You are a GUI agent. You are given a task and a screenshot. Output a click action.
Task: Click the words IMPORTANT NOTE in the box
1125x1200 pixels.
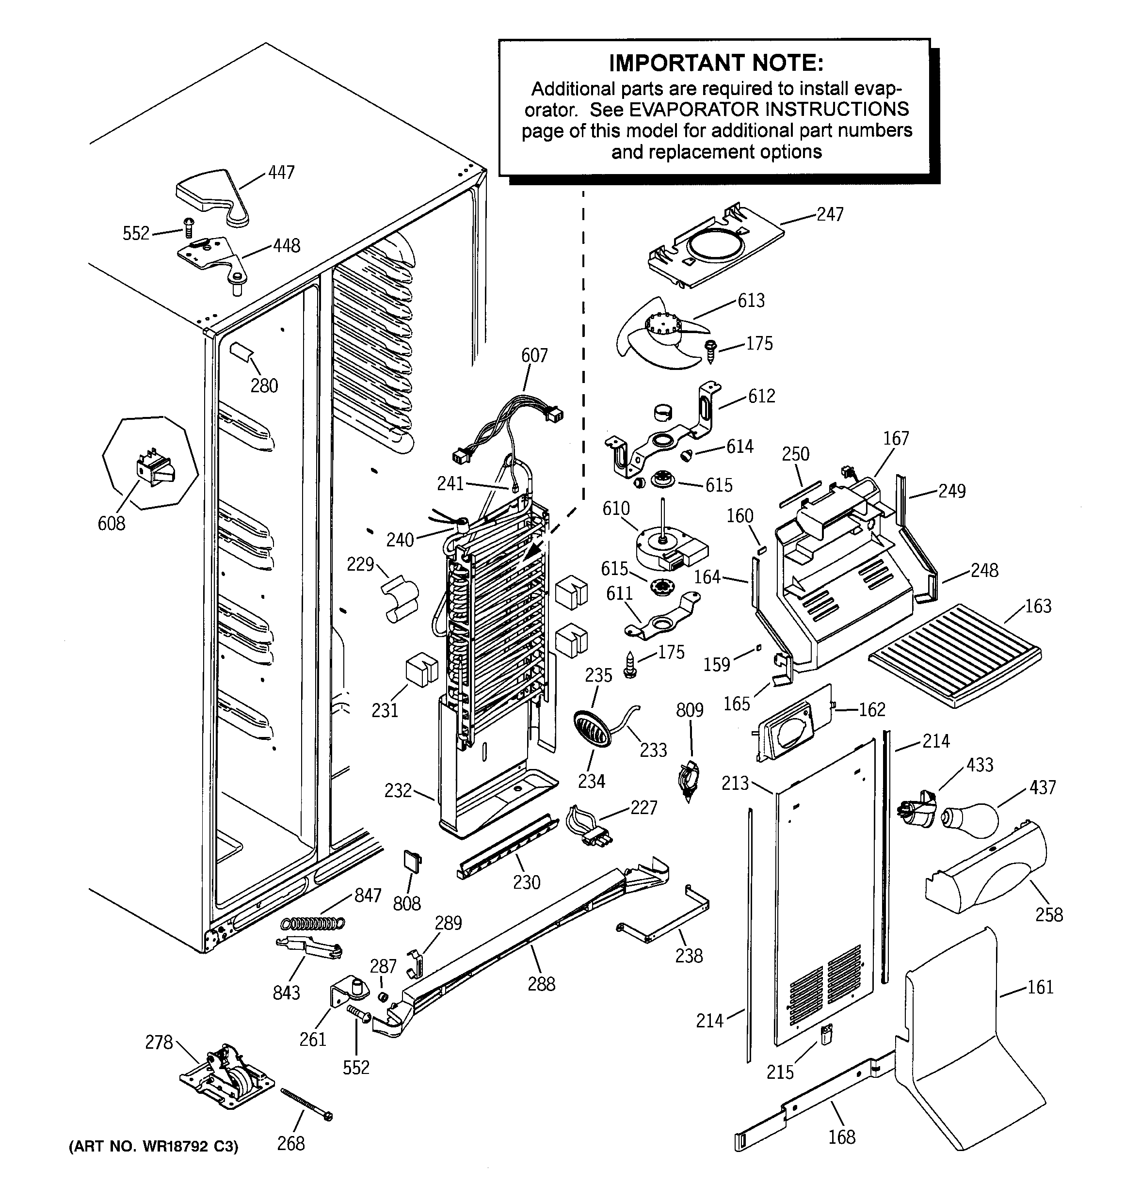716,63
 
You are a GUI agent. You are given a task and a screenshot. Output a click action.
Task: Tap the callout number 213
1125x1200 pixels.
735,784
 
